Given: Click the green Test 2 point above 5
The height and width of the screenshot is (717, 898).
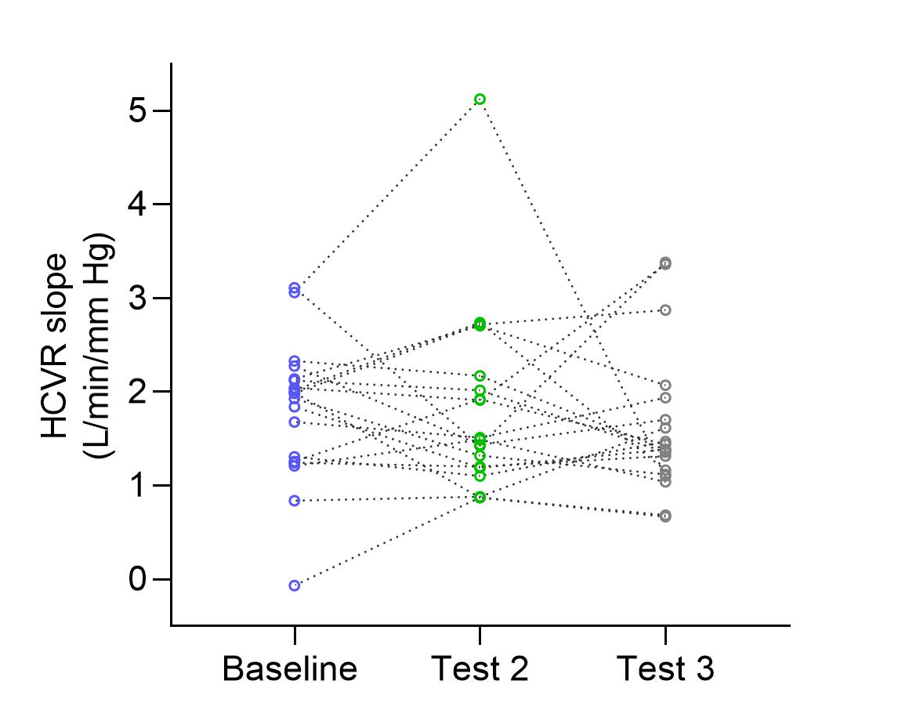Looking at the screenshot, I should pos(480,99).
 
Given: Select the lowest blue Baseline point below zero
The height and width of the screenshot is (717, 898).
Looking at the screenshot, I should pos(295,585).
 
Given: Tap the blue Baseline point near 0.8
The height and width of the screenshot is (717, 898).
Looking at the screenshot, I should pos(295,500).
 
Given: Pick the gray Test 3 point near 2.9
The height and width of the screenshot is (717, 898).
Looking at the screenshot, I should pos(665,310).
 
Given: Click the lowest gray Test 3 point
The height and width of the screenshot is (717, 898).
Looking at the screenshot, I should pos(665,516).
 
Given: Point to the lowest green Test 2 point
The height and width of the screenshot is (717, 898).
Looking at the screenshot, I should pos(480,498).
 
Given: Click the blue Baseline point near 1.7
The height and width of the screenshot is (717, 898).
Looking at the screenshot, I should pos(295,422).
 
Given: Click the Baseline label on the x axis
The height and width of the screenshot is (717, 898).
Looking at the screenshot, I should pos(290,670).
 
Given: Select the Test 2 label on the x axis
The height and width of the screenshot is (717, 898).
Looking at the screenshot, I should pos(480,670).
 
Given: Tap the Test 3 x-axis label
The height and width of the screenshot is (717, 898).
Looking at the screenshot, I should pos(665,670).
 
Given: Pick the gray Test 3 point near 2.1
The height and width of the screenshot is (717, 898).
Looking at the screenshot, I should pos(665,386).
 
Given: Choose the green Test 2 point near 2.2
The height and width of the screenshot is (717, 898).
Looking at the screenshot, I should pos(480,376).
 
